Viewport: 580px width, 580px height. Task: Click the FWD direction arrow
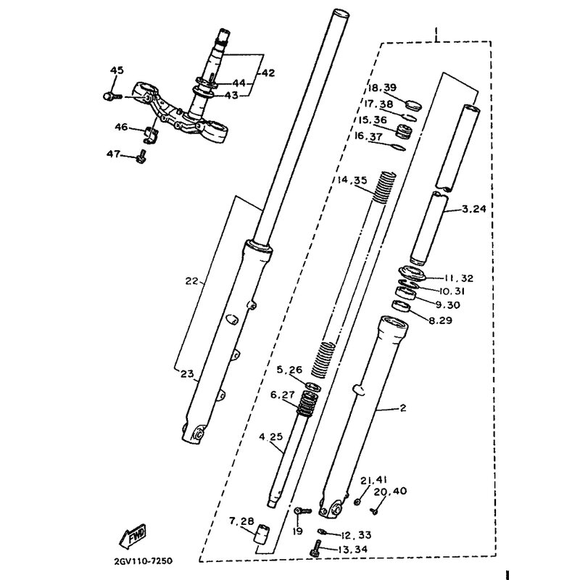coord(133,536)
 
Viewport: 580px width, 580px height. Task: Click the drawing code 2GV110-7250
coord(144,560)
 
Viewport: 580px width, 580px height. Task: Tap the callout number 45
coord(117,70)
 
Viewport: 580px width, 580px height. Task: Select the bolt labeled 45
coord(112,96)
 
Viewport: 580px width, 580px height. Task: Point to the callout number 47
coord(113,153)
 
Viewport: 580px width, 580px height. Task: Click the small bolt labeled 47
coord(141,157)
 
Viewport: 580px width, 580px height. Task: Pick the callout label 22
coord(191,281)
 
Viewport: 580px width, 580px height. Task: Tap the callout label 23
coord(187,373)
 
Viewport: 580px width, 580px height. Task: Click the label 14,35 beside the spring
coord(352,180)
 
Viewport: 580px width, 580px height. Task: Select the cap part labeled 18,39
coord(413,104)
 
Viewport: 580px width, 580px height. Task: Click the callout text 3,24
coord(474,209)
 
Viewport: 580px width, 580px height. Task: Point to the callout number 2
coord(403,407)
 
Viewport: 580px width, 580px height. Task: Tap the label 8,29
coord(441,320)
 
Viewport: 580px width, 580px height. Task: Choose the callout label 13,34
coord(353,550)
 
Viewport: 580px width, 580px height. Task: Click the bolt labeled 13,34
coord(315,548)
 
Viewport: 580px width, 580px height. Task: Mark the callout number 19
coord(297,531)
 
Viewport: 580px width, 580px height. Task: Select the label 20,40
coord(390,492)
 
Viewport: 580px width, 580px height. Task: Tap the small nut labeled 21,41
coord(357,502)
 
